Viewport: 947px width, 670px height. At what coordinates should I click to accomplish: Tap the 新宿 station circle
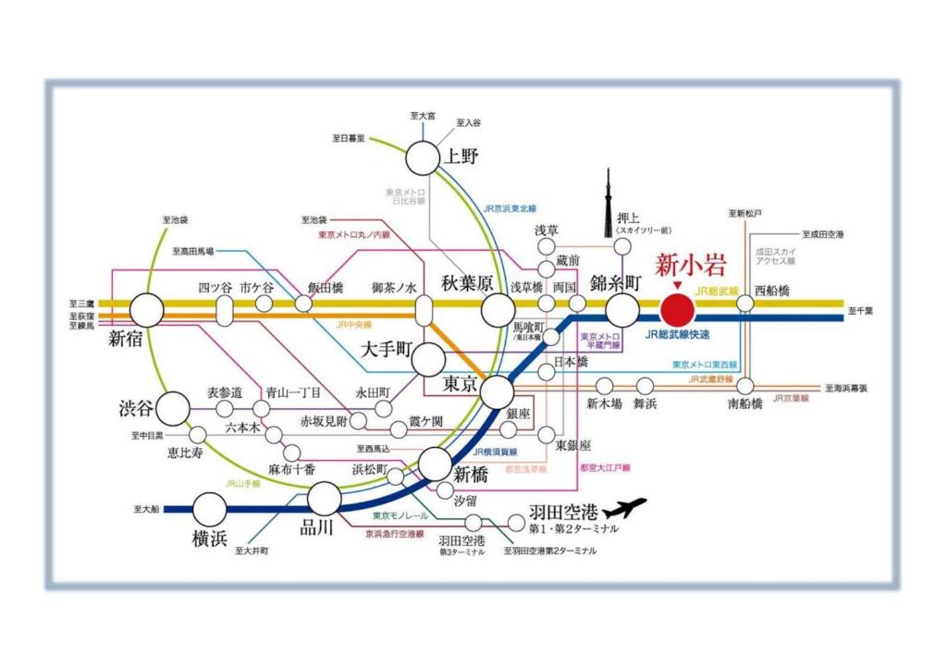[146, 310]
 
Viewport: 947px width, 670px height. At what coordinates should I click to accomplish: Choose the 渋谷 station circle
[173, 407]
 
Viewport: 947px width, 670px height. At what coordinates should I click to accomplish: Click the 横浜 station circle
[210, 508]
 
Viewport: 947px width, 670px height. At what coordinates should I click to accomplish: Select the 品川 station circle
[324, 499]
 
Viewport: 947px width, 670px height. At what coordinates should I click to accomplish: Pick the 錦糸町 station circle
[622, 310]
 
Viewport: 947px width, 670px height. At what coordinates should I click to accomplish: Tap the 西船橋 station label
[772, 290]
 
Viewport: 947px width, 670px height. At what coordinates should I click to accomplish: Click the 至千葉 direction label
[865, 311]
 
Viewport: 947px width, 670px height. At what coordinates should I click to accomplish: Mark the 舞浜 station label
[645, 403]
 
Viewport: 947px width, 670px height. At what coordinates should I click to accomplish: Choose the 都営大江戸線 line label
[605, 469]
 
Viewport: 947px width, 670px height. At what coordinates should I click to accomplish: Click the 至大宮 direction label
[423, 116]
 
